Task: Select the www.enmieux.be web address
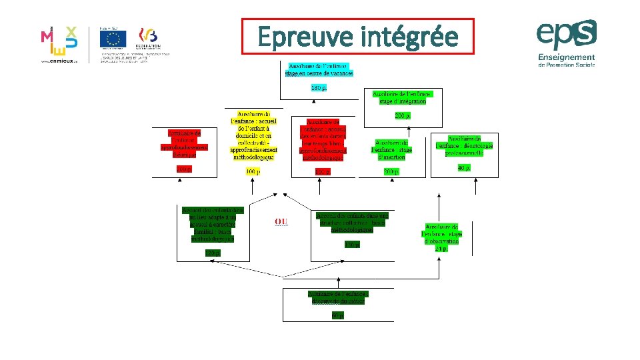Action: (x=59, y=59)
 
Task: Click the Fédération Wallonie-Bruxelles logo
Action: (x=148, y=38)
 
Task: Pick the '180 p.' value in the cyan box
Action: (x=319, y=88)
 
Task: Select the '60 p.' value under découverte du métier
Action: (x=338, y=315)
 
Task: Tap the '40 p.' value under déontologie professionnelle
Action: (x=464, y=168)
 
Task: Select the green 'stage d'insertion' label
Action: (x=392, y=150)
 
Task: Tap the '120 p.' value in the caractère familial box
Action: (x=213, y=252)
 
